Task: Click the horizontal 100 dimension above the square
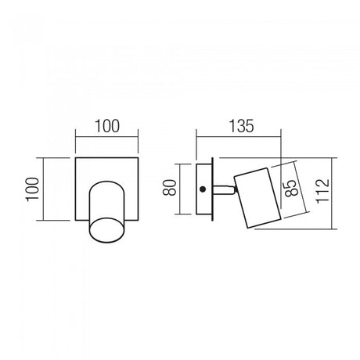[107, 126]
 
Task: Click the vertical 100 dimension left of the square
[32, 189]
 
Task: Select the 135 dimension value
[241, 126]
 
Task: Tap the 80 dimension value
[170, 188]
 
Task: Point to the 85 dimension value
[290, 187]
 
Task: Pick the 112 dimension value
[322, 191]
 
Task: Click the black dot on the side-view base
[202, 189]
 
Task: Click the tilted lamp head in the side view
[257, 198]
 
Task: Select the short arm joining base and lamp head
[224, 189]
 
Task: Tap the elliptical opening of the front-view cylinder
[107, 230]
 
